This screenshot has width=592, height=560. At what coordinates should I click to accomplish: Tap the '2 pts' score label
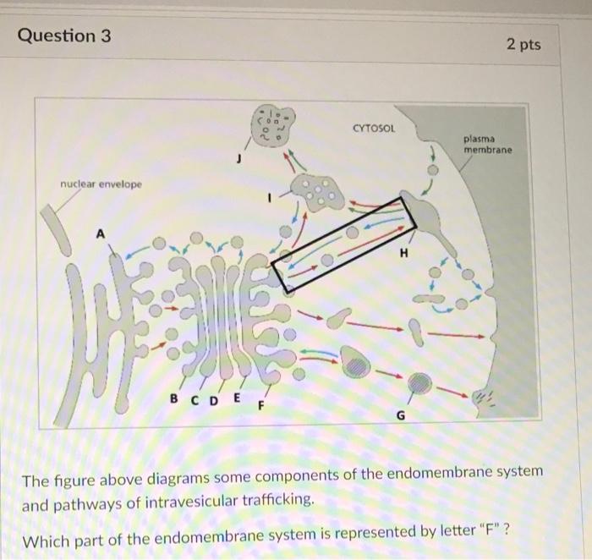[522, 43]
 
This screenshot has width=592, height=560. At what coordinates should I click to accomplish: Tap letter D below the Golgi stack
[212, 398]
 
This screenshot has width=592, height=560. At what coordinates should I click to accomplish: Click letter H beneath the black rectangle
[403, 253]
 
